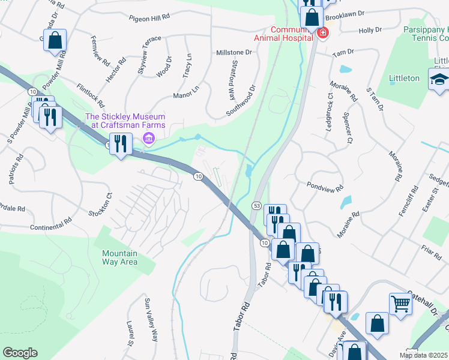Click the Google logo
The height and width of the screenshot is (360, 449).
click(20, 353)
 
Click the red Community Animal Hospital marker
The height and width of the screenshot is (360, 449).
click(323, 32)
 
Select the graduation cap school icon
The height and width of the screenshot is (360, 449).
click(438, 79)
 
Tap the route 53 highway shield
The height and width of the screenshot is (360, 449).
click(257, 206)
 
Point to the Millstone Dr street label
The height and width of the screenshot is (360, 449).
click(234, 52)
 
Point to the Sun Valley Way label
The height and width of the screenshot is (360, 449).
click(150, 319)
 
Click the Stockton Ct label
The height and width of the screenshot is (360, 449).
click(100, 205)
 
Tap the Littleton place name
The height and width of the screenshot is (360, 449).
click(404, 78)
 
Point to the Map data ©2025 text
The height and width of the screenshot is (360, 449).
click(424, 355)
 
